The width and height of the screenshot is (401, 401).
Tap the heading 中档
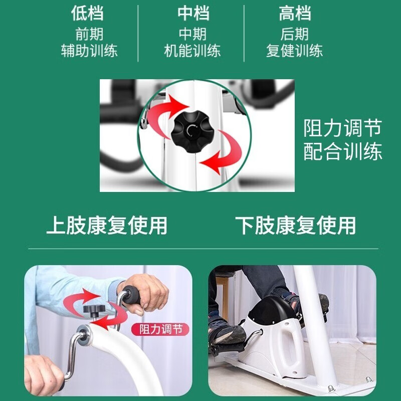192,14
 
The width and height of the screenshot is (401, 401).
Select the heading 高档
295,14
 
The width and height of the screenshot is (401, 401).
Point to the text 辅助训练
89,51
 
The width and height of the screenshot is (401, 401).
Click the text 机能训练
192,51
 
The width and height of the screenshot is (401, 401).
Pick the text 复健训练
295,51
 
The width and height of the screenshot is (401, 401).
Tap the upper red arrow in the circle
167,113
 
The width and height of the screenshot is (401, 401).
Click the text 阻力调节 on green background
343,128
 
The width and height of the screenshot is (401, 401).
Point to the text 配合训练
343,152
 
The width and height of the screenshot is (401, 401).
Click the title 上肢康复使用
107,226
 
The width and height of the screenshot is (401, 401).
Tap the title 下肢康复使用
296,226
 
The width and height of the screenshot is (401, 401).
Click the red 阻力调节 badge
160,329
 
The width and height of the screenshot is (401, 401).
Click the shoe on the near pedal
228,333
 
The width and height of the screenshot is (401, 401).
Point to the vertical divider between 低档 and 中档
138,33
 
